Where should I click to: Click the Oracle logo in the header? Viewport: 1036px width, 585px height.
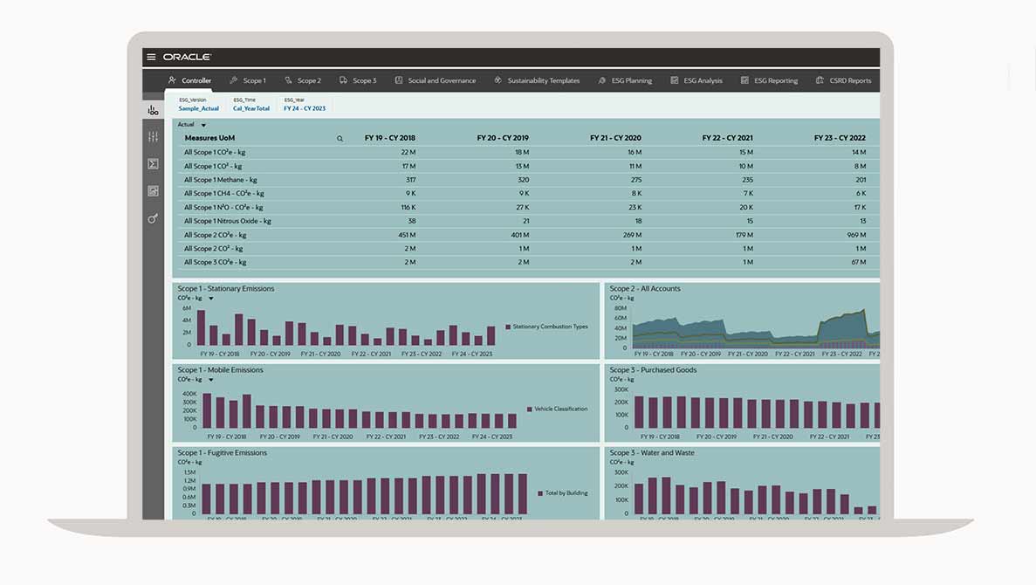[x=187, y=57]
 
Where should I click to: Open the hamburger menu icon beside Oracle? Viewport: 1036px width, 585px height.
[x=151, y=57]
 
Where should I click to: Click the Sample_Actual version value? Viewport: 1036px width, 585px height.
[x=199, y=108]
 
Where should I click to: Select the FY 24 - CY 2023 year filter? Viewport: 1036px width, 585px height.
[x=305, y=108]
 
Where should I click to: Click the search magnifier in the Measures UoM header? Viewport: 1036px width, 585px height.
[x=340, y=138]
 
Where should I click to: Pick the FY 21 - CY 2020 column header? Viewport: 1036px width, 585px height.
[x=615, y=138]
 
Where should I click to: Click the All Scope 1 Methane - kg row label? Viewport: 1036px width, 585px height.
[x=216, y=180]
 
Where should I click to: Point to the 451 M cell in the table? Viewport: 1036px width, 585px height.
[x=407, y=235]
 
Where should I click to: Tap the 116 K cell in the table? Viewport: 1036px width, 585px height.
[x=407, y=207]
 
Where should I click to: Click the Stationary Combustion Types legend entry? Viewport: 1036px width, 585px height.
[x=550, y=327]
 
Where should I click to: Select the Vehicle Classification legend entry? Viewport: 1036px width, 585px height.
[x=560, y=409]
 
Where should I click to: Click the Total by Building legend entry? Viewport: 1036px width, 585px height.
[x=566, y=492]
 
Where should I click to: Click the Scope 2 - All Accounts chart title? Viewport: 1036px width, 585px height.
[x=645, y=288]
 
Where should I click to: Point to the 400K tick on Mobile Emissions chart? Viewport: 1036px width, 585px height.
[x=189, y=394]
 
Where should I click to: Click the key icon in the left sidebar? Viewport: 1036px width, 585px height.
[x=153, y=218]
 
